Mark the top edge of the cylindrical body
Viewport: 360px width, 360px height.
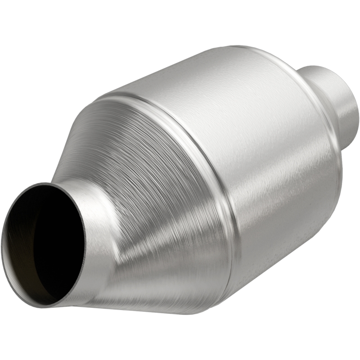pyautogui.click(x=216, y=58)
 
